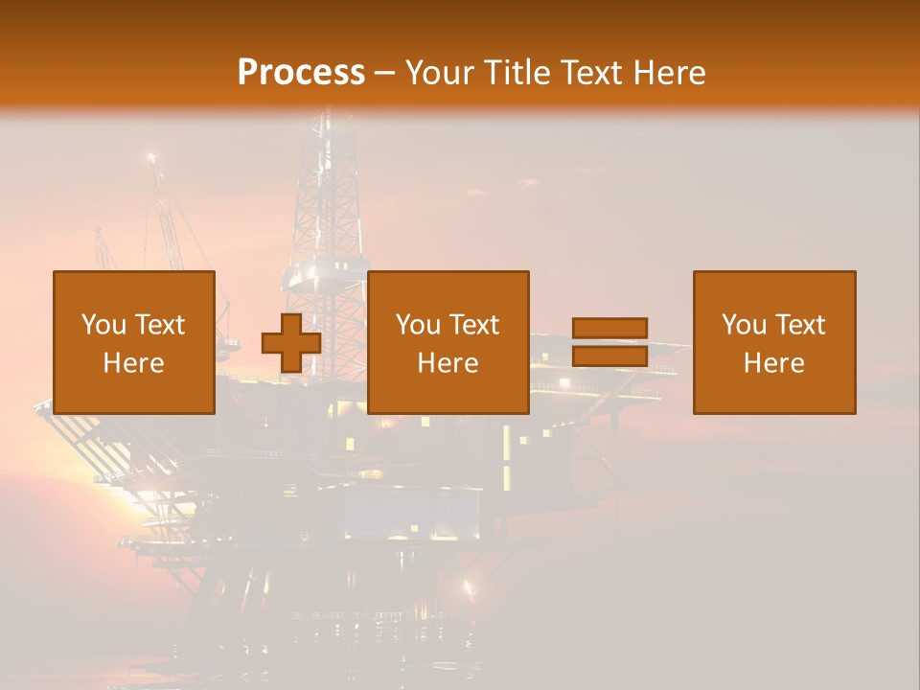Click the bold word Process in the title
click(301, 73)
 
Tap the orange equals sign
click(609, 342)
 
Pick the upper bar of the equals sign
click(609, 329)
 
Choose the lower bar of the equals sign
click(609, 356)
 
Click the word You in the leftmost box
click(103, 325)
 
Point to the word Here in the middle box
click(448, 363)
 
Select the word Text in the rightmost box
click(802, 325)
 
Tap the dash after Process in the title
click(385, 74)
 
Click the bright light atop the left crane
click(150, 157)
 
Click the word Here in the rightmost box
click(774, 363)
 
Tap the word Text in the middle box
click(476, 325)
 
